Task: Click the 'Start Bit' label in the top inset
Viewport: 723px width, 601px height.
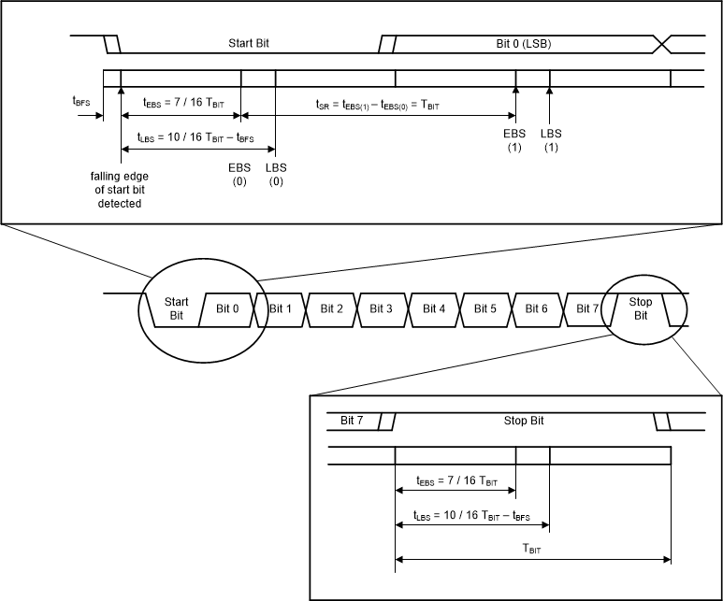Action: point(247,43)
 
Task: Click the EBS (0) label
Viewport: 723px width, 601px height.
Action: point(239,173)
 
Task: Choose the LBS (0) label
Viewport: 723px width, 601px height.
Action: point(275,173)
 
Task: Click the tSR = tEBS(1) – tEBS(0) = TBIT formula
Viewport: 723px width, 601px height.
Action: point(378,106)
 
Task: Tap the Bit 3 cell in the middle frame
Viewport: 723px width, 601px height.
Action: point(382,308)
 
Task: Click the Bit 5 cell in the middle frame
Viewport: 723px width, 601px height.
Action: point(485,308)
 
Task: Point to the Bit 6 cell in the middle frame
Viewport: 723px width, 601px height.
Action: point(536,308)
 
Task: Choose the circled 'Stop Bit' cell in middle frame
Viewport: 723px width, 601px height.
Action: point(641,308)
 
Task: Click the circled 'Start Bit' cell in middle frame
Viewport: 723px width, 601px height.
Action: point(176,308)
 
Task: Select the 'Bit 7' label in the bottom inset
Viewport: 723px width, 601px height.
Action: point(354,421)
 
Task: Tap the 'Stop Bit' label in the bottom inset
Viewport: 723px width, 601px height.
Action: point(524,421)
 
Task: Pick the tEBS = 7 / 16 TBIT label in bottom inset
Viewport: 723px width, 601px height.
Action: point(456,482)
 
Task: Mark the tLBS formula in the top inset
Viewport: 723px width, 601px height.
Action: point(195,137)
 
